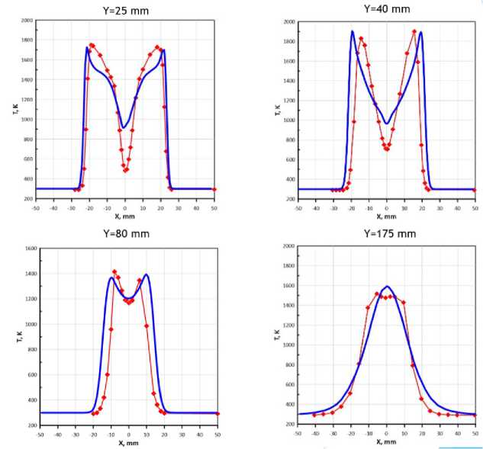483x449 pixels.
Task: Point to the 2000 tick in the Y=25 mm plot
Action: click(x=27, y=21)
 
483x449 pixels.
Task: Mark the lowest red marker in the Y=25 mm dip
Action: click(x=125, y=171)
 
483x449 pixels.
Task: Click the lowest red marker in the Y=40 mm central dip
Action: click(x=386, y=149)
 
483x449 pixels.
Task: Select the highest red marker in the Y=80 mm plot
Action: click(x=114, y=271)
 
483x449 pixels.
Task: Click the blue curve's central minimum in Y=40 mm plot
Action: click(x=386, y=123)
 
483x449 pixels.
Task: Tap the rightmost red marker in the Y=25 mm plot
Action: click(x=214, y=189)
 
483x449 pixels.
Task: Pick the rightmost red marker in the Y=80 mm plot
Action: click(x=217, y=413)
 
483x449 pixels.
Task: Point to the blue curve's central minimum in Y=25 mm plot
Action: click(x=124, y=127)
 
